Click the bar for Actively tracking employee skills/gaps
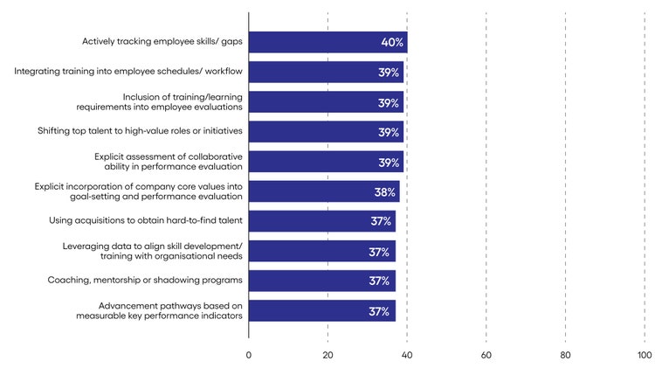click(x=327, y=42)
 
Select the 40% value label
click(x=391, y=42)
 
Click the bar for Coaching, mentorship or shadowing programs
click(x=321, y=281)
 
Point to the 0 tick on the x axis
click(x=249, y=355)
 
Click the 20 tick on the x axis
click(x=327, y=355)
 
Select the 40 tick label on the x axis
click(x=407, y=355)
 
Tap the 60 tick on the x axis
click(x=486, y=355)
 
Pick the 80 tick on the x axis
click(x=566, y=355)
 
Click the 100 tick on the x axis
click(x=645, y=355)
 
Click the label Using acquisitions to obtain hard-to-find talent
click(x=146, y=221)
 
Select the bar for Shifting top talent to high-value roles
click(x=326, y=132)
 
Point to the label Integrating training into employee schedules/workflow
click(x=128, y=71)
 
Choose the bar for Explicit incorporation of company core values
click(x=324, y=191)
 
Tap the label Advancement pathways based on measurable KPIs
click(x=158, y=310)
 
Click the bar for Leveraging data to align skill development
click(x=321, y=251)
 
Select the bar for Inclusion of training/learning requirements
click(x=326, y=101)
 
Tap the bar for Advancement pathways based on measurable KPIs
click(x=321, y=310)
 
